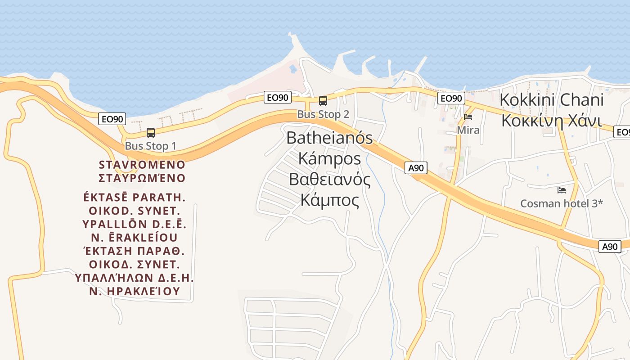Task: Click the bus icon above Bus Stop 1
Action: pos(151,133)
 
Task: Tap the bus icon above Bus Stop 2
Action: pos(323,101)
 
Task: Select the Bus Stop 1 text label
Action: pos(150,146)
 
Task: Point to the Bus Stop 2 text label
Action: pos(323,114)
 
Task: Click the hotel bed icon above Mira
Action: pos(468,117)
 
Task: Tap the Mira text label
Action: pos(468,130)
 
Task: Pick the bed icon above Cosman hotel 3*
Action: pos(561,190)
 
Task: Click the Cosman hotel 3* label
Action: pos(561,203)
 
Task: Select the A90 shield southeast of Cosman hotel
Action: pos(610,247)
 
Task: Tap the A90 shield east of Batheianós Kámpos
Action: pos(416,168)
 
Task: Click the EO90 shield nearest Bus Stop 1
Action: pos(112,119)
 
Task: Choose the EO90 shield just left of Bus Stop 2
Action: pos(278,97)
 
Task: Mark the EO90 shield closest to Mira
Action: pos(451,99)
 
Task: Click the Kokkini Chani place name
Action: pos(551,100)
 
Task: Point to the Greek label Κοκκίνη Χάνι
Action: pos(551,121)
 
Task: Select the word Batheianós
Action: pos(329,138)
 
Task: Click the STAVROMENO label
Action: pos(142,164)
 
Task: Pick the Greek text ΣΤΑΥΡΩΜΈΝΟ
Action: pos(142,178)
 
